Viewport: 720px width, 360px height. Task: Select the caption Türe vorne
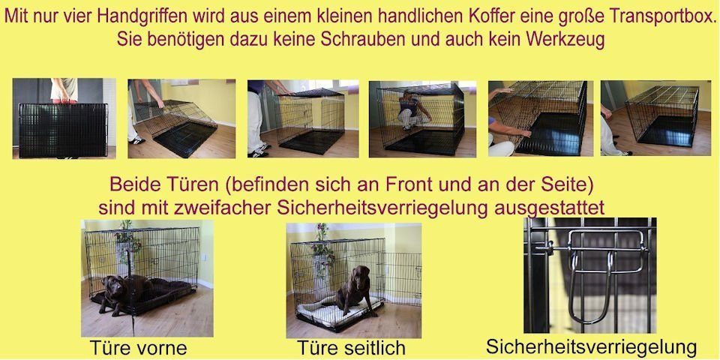[138, 349]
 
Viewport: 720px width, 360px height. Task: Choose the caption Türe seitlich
[351, 349]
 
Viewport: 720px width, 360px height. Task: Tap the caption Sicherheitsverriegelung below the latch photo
[591, 347]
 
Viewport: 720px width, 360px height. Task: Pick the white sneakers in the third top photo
[258, 152]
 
